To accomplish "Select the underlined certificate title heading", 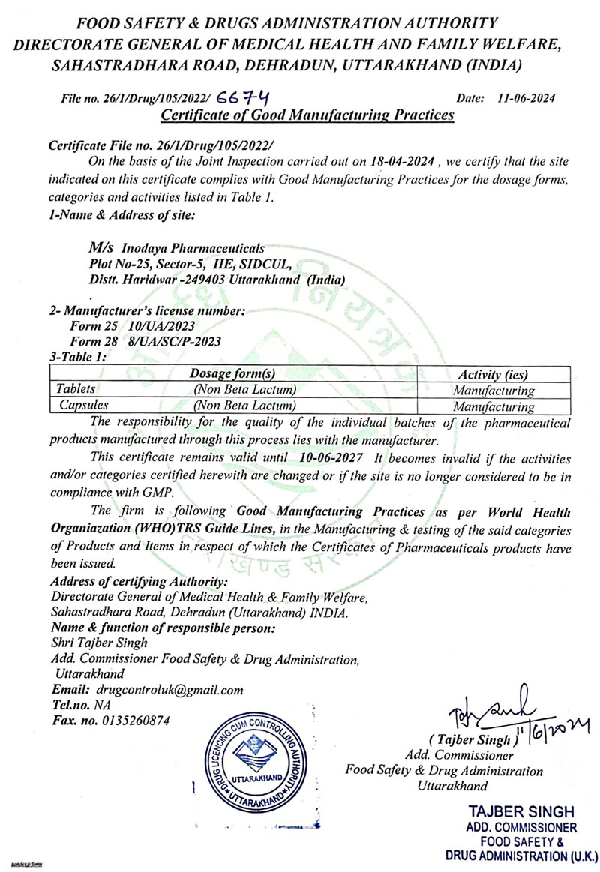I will pyautogui.click(x=308, y=115).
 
